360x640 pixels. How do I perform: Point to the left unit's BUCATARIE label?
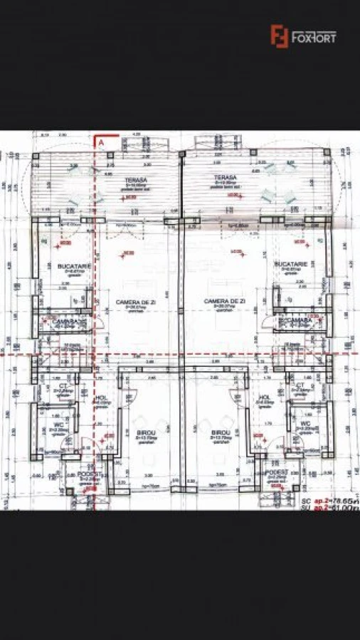73,265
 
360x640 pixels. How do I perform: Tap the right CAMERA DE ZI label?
224,302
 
